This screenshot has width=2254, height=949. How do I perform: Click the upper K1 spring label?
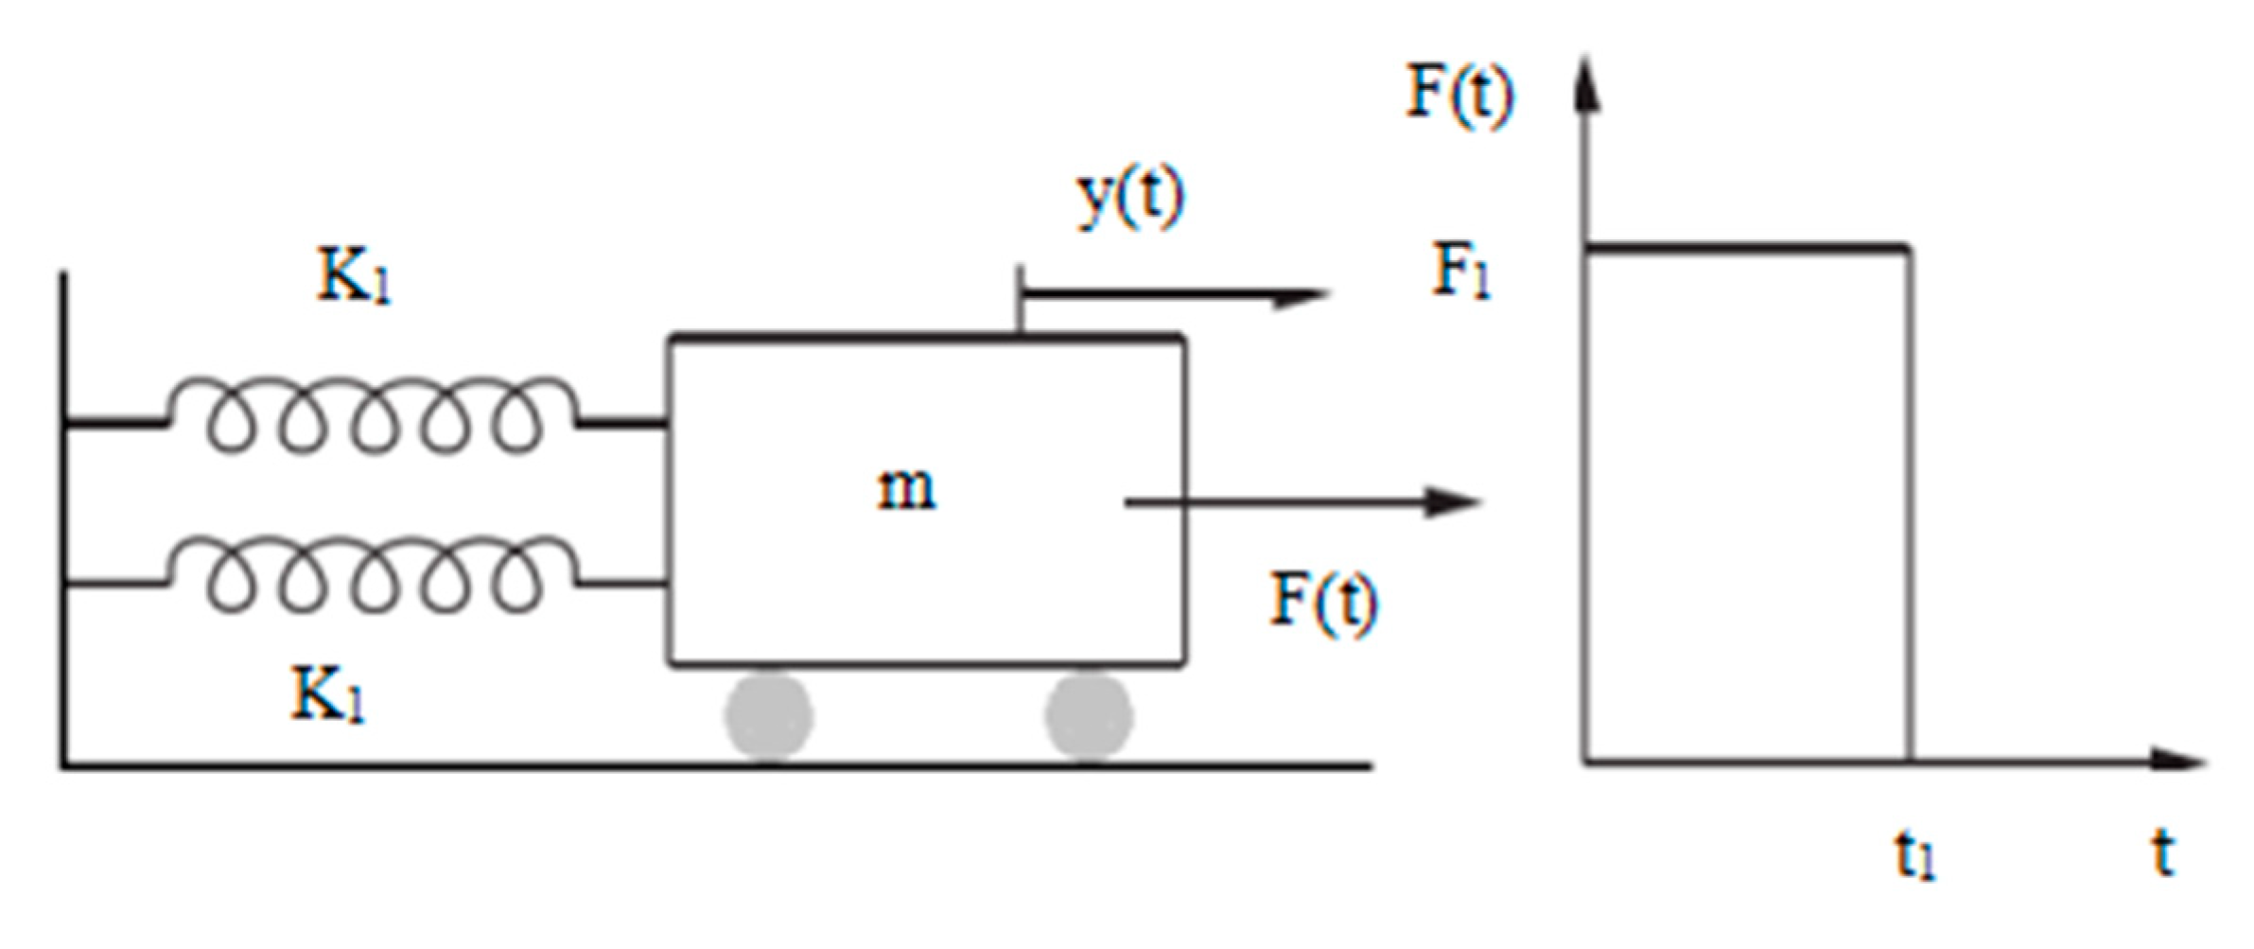click(x=352, y=276)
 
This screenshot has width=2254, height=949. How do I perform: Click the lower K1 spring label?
click(x=326, y=695)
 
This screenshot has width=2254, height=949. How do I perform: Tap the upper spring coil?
click(x=374, y=416)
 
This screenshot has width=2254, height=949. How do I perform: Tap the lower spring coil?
click(x=374, y=575)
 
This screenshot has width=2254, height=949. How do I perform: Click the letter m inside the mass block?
click(x=906, y=489)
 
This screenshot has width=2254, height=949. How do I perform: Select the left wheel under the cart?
click(x=769, y=716)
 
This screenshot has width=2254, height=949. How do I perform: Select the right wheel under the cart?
click(x=1089, y=716)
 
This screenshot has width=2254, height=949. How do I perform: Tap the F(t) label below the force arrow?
click(x=1322, y=601)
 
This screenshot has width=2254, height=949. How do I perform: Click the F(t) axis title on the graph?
click(x=1459, y=93)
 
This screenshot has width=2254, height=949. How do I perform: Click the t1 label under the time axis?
click(x=1915, y=856)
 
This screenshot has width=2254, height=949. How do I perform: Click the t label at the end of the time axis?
click(x=2163, y=852)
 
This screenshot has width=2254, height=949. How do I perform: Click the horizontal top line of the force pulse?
click(x=1745, y=249)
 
